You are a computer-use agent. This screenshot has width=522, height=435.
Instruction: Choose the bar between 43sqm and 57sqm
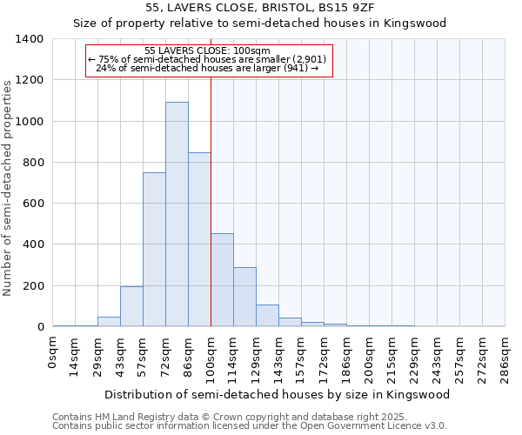(x=131, y=306)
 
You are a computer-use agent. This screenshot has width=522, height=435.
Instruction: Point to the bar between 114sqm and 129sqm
(x=244, y=297)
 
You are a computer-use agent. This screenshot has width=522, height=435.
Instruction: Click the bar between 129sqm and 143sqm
(x=267, y=316)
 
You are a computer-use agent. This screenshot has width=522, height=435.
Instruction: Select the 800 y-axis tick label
(x=33, y=163)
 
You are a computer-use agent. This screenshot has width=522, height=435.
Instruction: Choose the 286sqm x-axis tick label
(x=505, y=359)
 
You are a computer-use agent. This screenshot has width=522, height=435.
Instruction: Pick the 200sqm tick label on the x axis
(x=369, y=359)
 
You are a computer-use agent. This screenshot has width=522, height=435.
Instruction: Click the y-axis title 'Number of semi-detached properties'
(x=8, y=187)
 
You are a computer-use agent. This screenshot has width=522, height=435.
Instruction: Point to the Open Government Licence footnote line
(x=250, y=425)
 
